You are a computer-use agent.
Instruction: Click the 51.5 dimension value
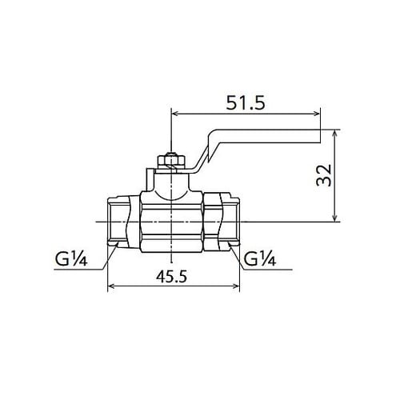coord(246,102)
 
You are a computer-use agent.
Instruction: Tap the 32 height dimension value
coord(324,175)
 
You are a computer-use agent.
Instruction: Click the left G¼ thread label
coord(71,258)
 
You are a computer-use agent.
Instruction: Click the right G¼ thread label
coord(260,258)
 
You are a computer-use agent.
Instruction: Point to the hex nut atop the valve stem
coord(171,161)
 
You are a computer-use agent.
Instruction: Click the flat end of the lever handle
coord(319,136)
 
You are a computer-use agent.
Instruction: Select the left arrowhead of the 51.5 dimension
coord(174,114)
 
